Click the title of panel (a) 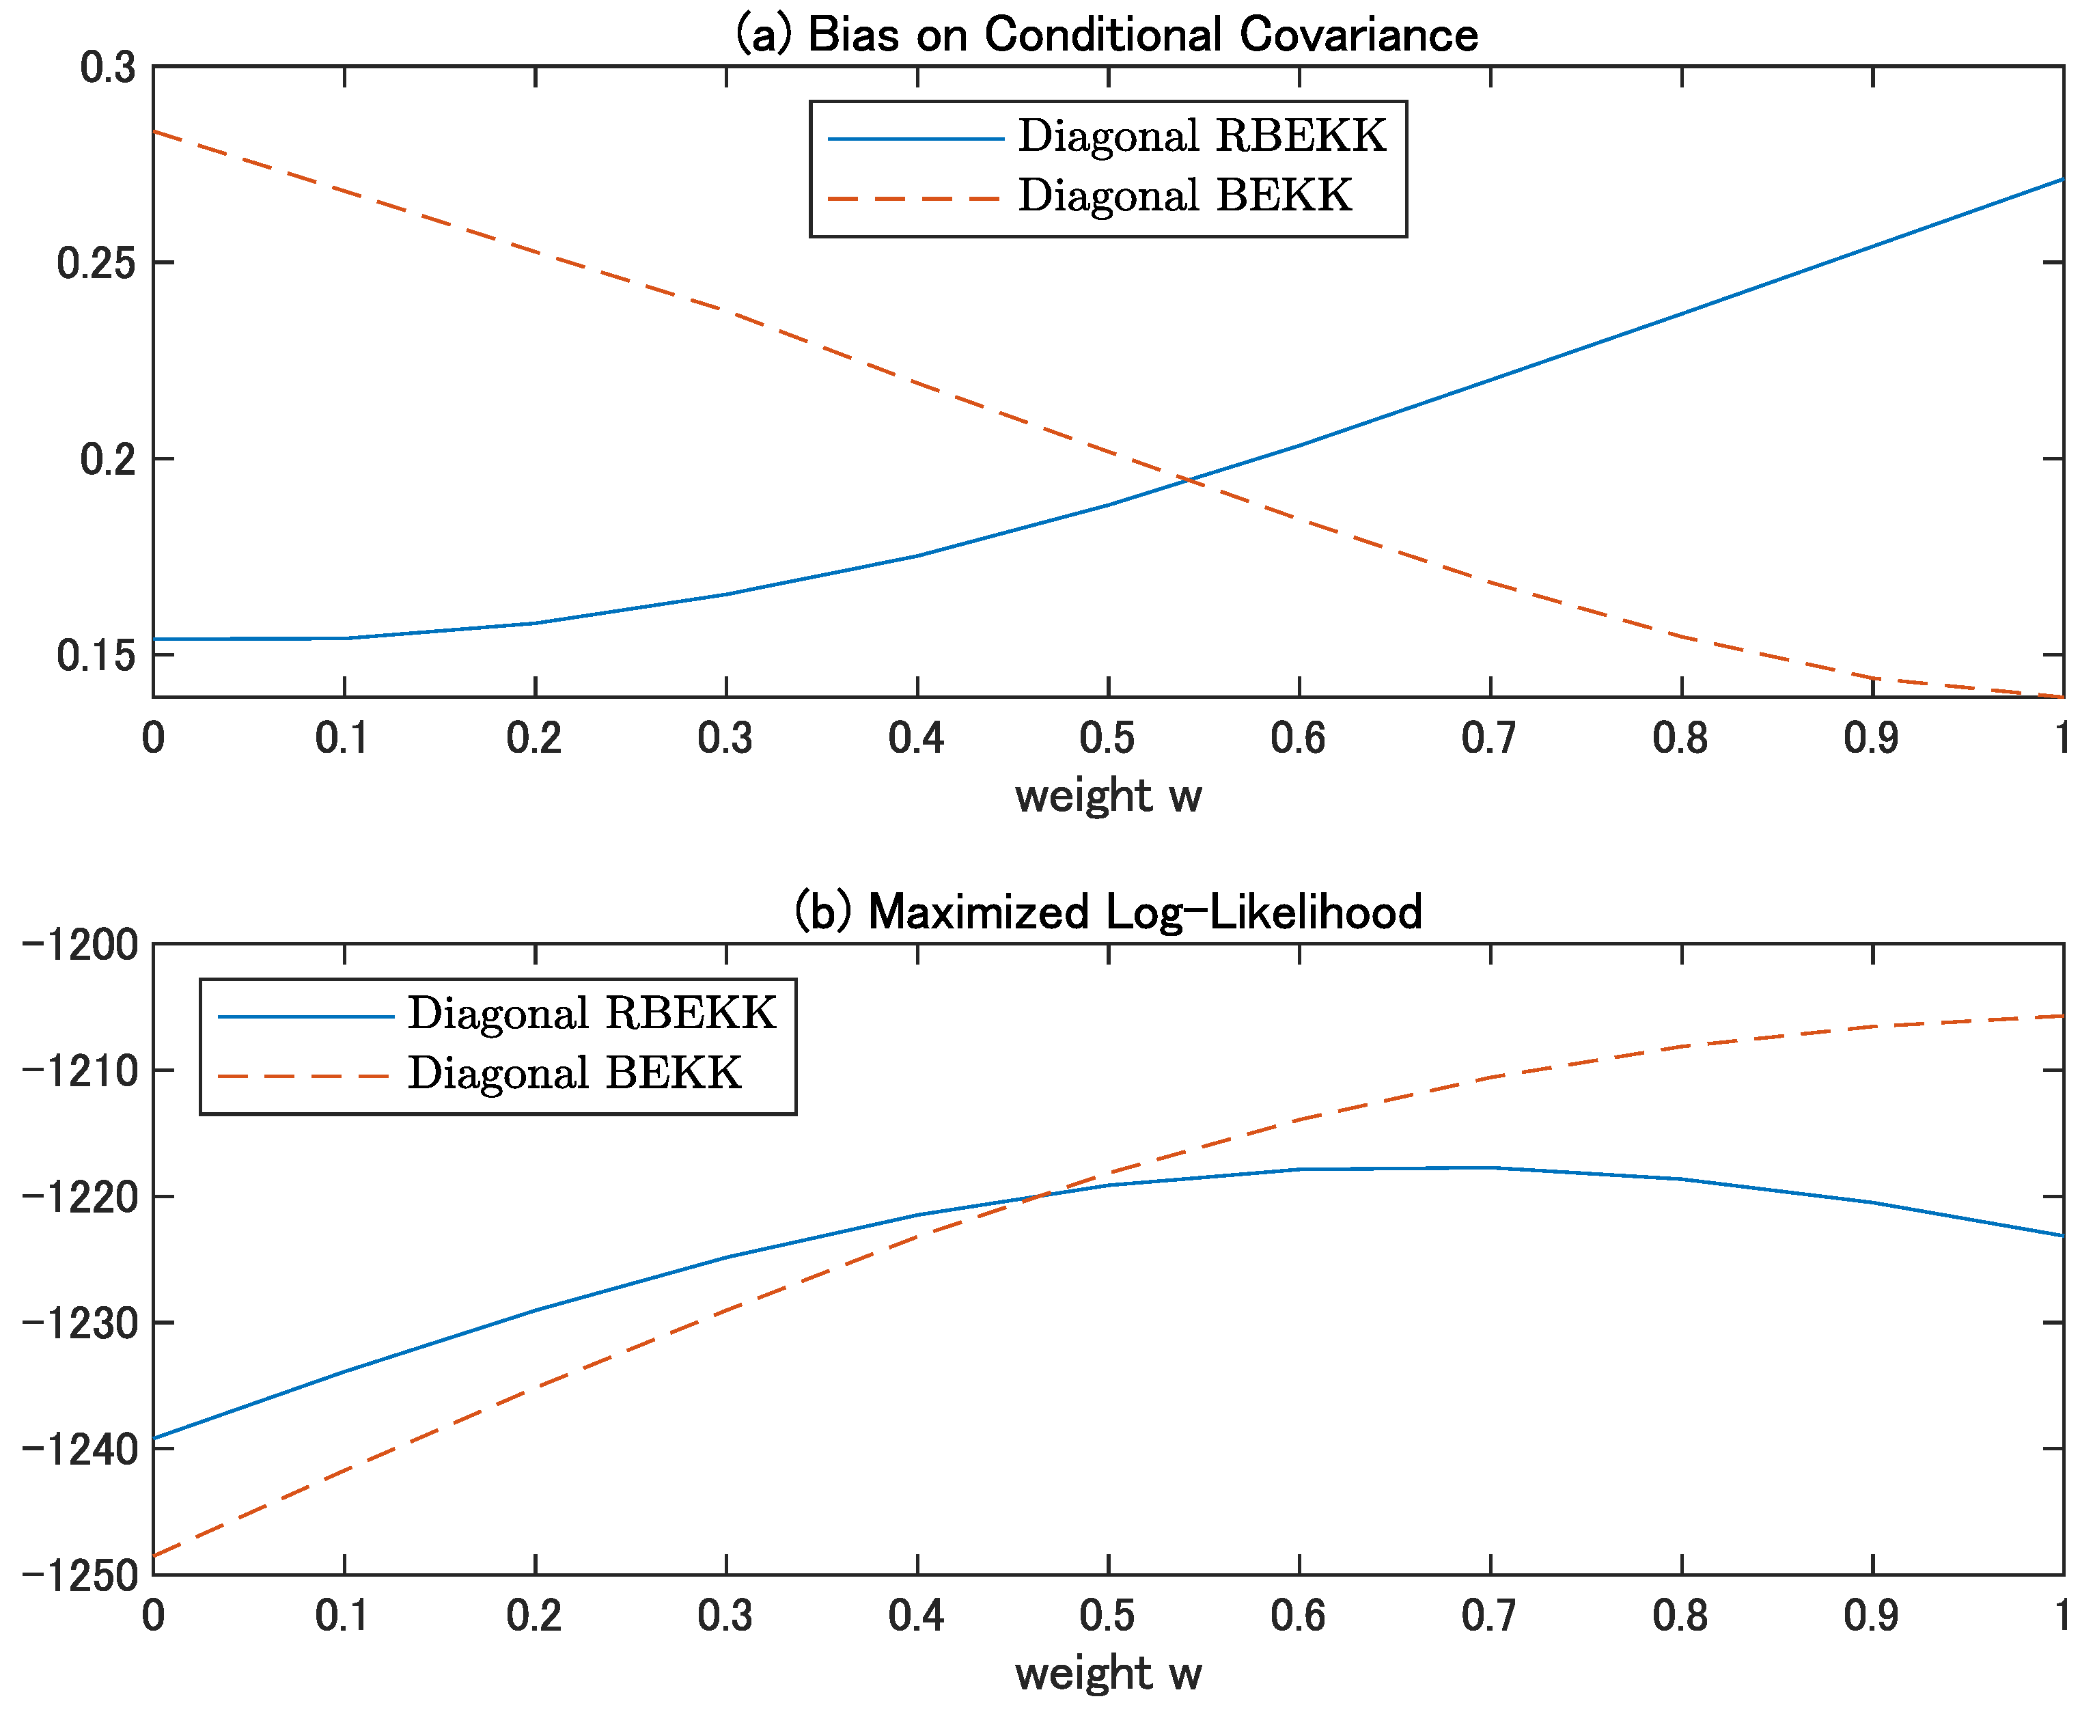1107,35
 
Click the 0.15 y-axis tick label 96,654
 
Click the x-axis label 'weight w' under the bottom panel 1107,1672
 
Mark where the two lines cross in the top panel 1189,480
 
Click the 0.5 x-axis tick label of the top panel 1107,738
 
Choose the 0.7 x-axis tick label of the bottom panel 1488,1615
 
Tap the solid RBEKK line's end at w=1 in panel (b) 2062,1235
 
